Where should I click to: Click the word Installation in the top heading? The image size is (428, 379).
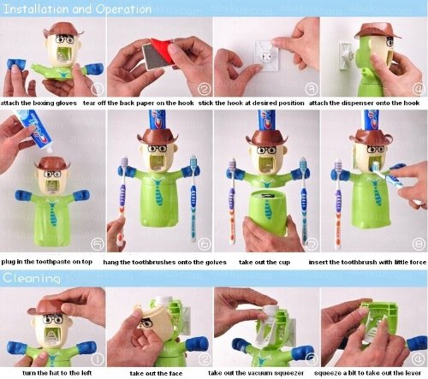(x=37, y=9)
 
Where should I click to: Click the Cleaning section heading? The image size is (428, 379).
(x=32, y=278)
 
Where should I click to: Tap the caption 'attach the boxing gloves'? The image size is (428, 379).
(x=39, y=103)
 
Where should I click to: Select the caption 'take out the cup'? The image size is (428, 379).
(x=265, y=262)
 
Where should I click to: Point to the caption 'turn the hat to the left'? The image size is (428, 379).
(x=57, y=373)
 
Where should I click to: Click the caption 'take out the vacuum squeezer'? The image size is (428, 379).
(x=256, y=373)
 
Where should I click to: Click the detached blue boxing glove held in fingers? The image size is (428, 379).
(x=16, y=64)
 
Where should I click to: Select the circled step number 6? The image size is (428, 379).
(x=205, y=244)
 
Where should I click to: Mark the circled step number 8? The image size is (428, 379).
(x=419, y=244)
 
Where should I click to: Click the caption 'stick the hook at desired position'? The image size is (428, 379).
(x=252, y=103)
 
